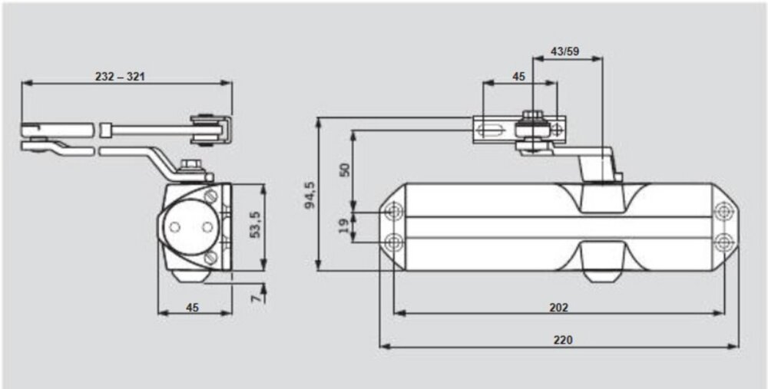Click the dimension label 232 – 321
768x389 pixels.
pyautogui.click(x=121, y=76)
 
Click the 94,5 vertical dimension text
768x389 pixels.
pyautogui.click(x=310, y=195)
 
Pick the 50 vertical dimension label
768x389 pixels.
pyautogui.click(x=345, y=170)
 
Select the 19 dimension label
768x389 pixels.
pyautogui.click(x=345, y=225)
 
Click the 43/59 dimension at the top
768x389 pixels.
pyautogui.click(x=566, y=51)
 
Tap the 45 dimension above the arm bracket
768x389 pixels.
pyautogui.click(x=518, y=76)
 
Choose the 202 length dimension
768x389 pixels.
pyautogui.click(x=558, y=307)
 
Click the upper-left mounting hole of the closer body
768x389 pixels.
pyautogui.click(x=394, y=211)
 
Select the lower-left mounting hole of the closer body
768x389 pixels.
pyautogui.click(x=394, y=242)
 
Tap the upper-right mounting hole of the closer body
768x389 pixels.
pyautogui.click(x=722, y=211)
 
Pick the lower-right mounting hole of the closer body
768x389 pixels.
pyautogui.click(x=722, y=242)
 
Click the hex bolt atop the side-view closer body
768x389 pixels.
pyautogui.click(x=188, y=166)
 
